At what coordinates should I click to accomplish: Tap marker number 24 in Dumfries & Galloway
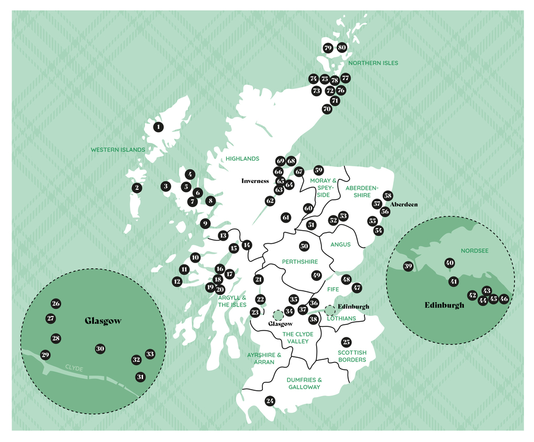click(x=270, y=401)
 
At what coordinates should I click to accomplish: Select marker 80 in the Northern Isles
click(x=342, y=48)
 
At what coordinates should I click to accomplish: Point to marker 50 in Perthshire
click(x=304, y=246)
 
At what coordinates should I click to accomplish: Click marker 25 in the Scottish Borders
click(x=346, y=342)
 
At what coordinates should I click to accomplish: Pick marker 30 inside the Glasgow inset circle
click(x=101, y=349)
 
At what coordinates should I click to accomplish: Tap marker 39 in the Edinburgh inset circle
click(x=408, y=266)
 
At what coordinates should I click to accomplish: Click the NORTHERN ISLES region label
click(x=373, y=63)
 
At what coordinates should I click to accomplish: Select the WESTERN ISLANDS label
click(x=118, y=150)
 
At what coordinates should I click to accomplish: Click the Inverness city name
click(x=255, y=181)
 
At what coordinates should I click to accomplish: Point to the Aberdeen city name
click(x=404, y=205)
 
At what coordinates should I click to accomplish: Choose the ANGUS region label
click(x=340, y=244)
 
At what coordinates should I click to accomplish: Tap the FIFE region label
click(x=333, y=289)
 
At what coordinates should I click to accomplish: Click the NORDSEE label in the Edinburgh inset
click(x=474, y=251)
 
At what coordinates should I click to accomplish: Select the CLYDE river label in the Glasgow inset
click(x=74, y=368)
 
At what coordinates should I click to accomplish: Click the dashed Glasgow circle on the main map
click(x=277, y=314)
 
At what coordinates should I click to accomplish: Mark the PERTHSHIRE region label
click(x=300, y=262)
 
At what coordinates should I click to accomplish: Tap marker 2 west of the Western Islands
click(x=137, y=188)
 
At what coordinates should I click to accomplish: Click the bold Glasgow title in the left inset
click(x=103, y=321)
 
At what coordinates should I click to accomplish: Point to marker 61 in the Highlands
click(x=286, y=217)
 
